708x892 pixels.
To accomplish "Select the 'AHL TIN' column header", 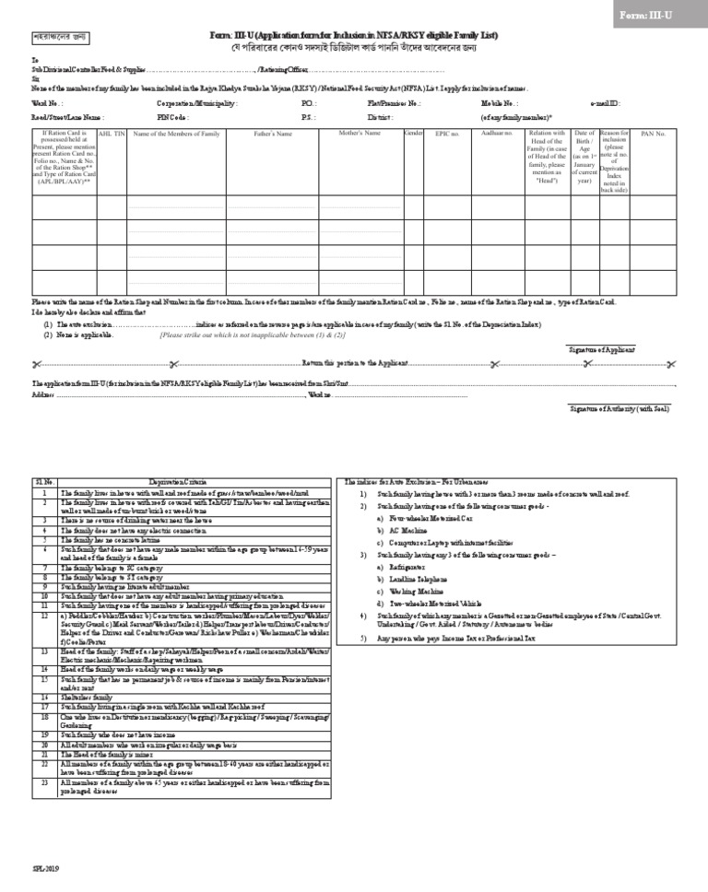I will (111, 134).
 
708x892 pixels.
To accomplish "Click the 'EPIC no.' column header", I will (447, 134).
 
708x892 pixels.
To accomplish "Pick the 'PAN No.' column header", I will (654, 134).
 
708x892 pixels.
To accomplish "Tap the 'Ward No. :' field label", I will (47, 104).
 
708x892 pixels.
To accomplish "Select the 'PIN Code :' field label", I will (173, 118).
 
